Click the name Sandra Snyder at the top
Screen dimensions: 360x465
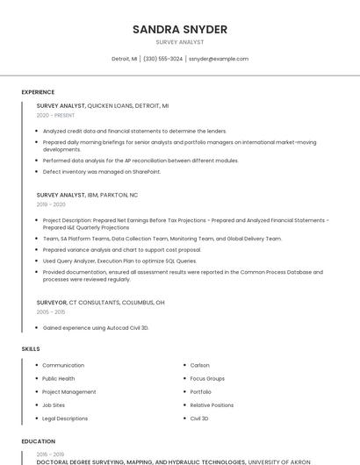click(x=179, y=30)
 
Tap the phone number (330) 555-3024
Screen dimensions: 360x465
click(x=162, y=59)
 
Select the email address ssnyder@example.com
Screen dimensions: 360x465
click(x=219, y=59)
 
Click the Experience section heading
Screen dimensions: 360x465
click(x=38, y=92)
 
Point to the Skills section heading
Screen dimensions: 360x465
click(x=31, y=349)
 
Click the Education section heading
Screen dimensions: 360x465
click(x=39, y=441)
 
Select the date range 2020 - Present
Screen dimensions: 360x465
click(x=55, y=115)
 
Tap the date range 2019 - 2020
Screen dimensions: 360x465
click(x=51, y=204)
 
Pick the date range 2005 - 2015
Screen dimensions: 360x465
click(x=51, y=311)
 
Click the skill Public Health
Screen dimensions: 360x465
click(x=58, y=379)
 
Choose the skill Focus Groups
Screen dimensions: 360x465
click(x=207, y=379)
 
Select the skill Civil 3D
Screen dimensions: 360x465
click(x=199, y=418)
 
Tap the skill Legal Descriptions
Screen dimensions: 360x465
click(x=65, y=418)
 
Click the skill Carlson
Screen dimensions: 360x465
click(x=199, y=365)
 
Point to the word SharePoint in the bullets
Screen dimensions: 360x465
click(x=143, y=172)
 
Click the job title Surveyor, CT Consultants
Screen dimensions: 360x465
click(x=100, y=302)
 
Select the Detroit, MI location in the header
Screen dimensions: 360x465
click(x=124, y=59)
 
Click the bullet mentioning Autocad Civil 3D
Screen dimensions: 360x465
click(x=96, y=327)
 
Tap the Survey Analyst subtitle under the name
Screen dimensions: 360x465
click(x=179, y=42)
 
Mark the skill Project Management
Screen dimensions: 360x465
click(x=68, y=392)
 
